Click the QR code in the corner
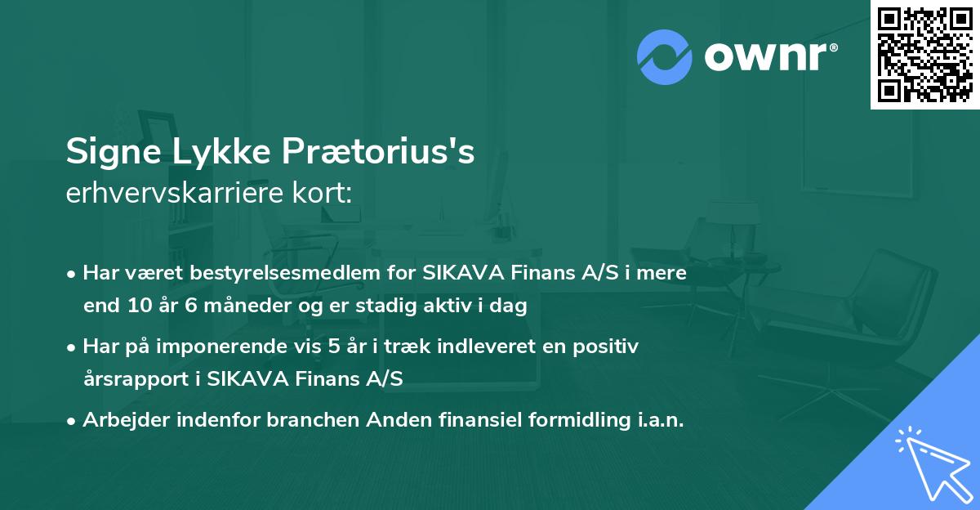924,54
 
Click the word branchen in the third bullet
310,420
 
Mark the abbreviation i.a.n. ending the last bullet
657,420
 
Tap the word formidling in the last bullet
572,420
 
